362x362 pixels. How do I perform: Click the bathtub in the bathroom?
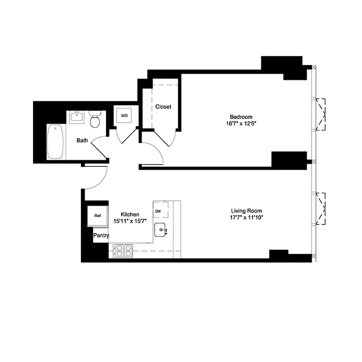click(55, 142)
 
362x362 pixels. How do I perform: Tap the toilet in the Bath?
click(95, 120)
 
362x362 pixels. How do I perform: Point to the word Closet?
click(163, 107)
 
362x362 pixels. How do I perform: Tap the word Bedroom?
click(240, 116)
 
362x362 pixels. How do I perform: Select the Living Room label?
click(246, 211)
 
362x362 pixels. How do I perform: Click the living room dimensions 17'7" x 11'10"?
click(247, 218)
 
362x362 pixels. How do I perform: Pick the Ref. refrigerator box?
click(98, 216)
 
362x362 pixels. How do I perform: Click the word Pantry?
click(101, 236)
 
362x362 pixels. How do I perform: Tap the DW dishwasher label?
click(158, 211)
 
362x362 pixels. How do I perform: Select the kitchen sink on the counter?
click(161, 230)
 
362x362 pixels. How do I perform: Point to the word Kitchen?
click(129, 214)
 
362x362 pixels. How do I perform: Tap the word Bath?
click(82, 141)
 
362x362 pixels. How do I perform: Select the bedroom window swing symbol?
click(321, 114)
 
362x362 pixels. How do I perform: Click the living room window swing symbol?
click(321, 209)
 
